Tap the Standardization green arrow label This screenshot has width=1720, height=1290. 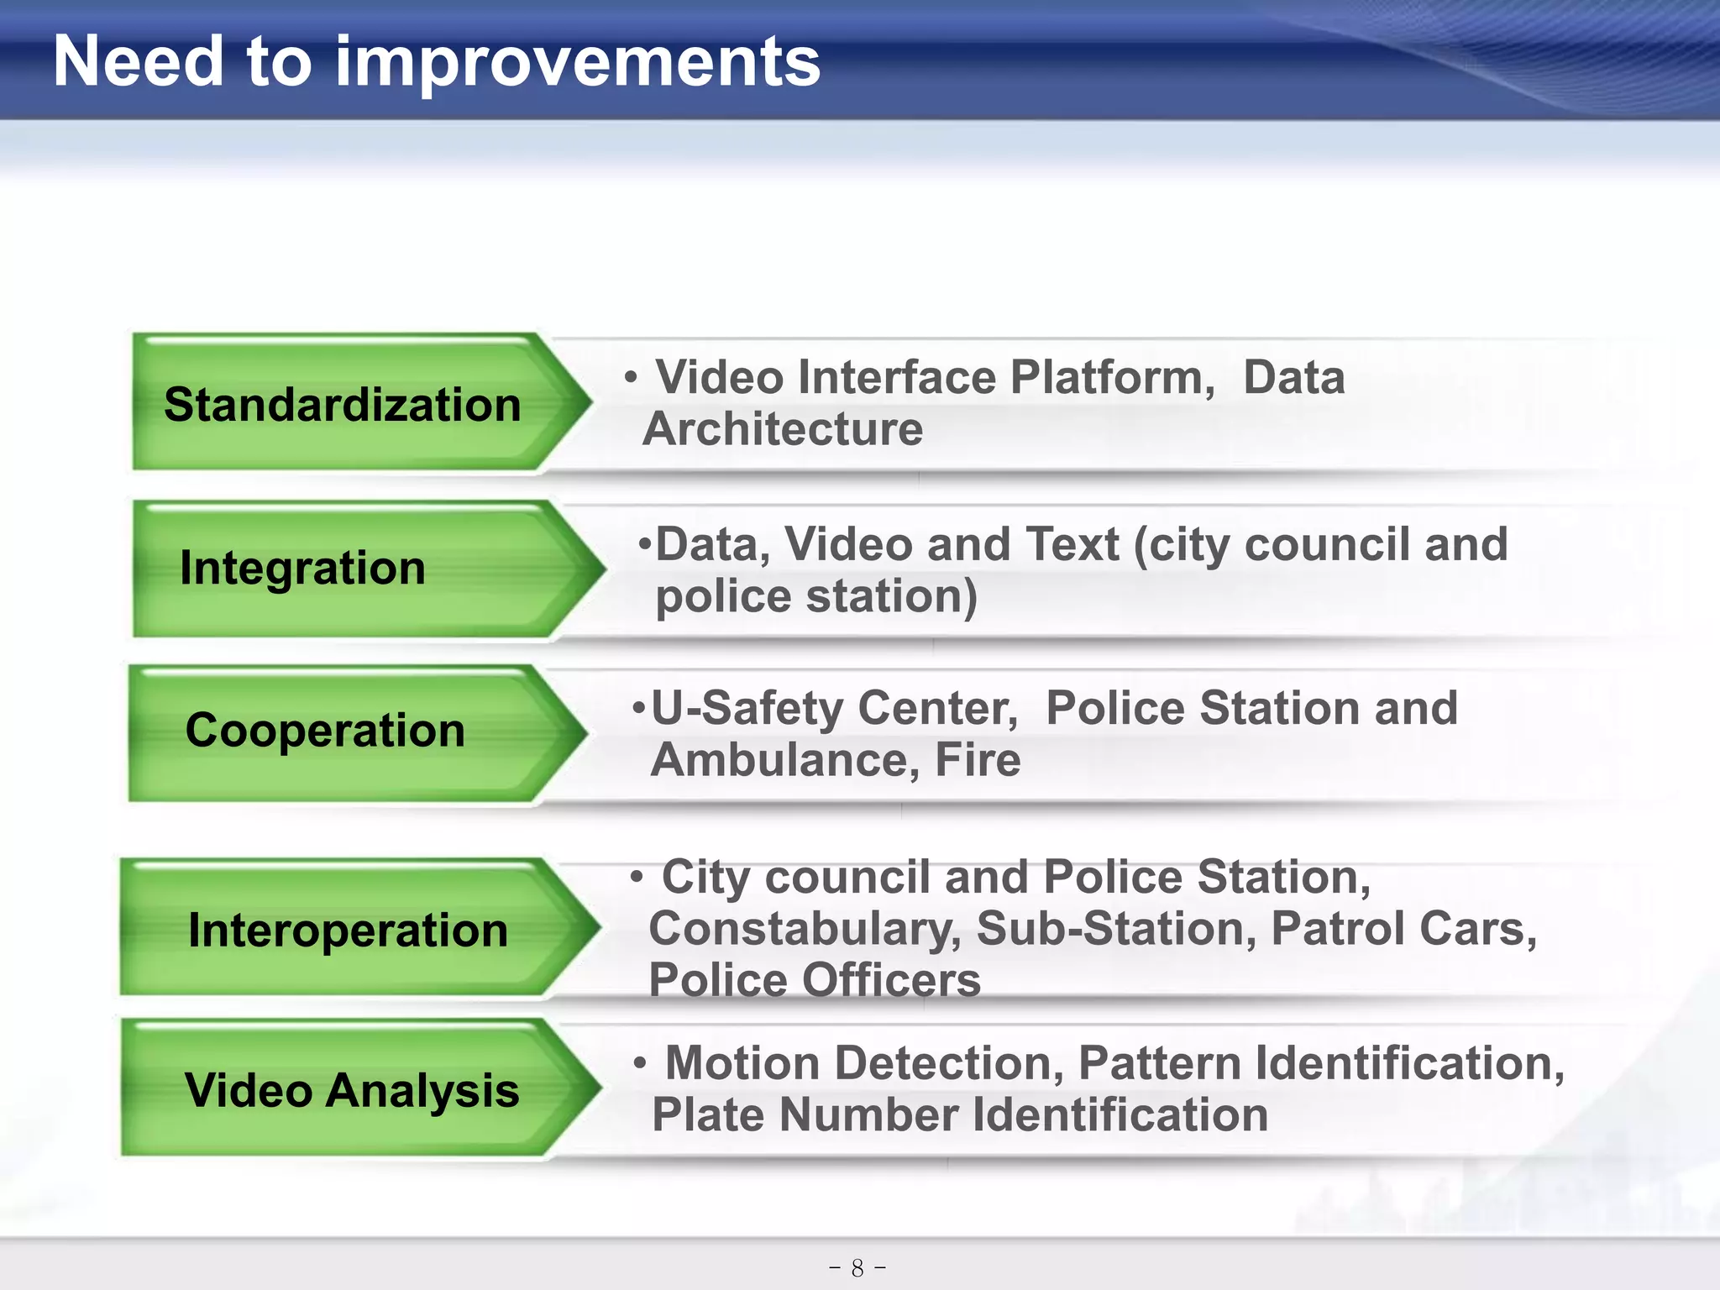343,404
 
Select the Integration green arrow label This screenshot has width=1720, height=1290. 302,568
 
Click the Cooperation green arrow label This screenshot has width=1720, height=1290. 325,730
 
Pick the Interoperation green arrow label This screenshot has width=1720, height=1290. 348,930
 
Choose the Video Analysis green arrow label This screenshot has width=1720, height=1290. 351,1090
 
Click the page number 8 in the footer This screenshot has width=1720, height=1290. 857,1267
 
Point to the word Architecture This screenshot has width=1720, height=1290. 782,429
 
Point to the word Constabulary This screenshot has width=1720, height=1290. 805,929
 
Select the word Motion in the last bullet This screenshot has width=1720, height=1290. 742,1063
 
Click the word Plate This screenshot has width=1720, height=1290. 707,1115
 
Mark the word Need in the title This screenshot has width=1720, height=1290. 139,62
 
